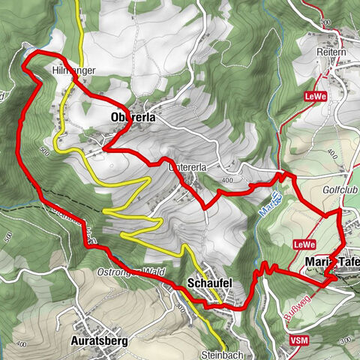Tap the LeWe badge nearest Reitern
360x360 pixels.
point(313,97)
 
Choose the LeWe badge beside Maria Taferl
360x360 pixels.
point(303,244)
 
